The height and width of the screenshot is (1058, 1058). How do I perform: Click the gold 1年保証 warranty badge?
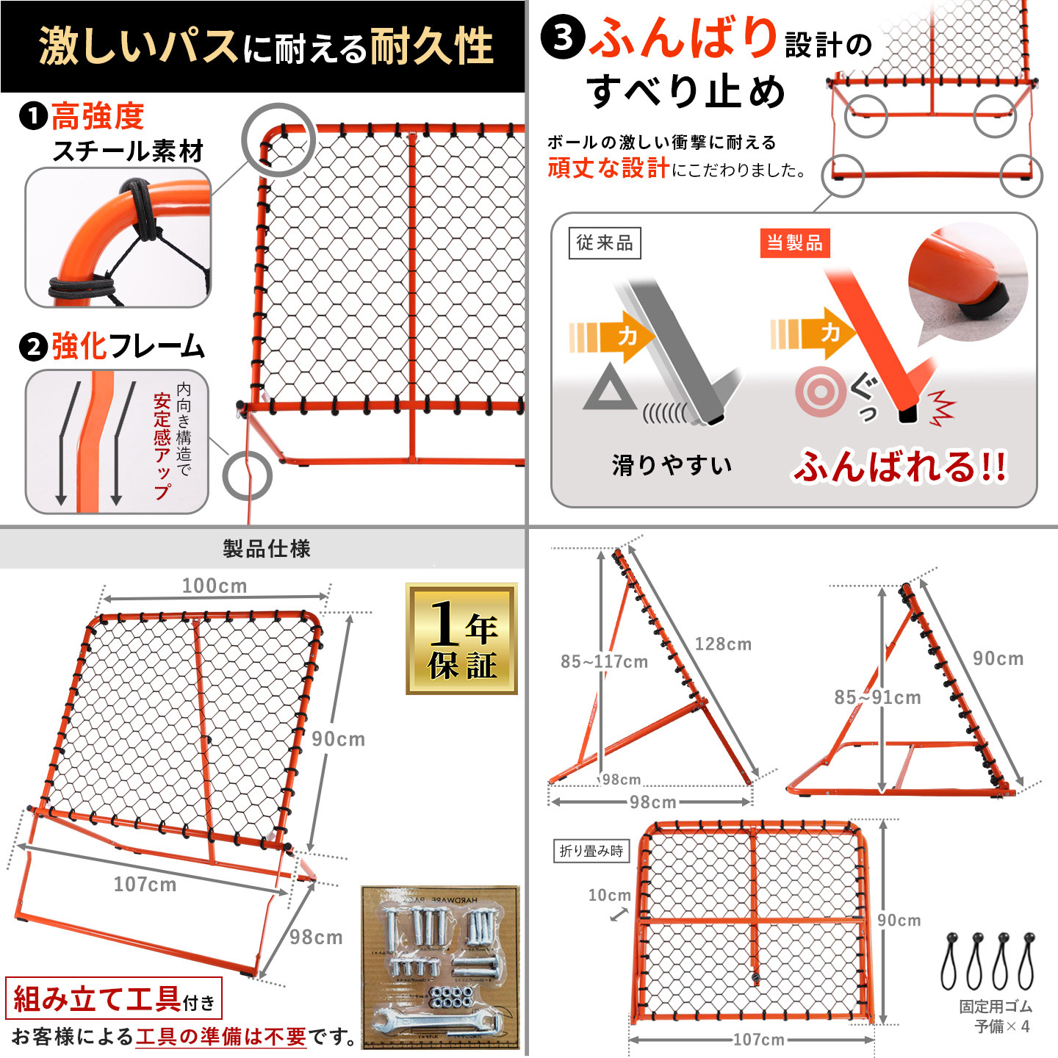[x=461, y=638]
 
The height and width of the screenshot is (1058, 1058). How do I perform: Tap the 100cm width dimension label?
[x=214, y=586]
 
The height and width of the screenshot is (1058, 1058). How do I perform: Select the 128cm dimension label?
[x=723, y=644]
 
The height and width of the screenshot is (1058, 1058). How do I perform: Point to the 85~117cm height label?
[x=604, y=661]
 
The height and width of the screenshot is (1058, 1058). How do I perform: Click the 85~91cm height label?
[x=877, y=697]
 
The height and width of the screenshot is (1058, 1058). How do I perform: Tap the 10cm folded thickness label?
[x=609, y=895]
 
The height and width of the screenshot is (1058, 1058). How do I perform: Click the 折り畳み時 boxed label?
[x=591, y=851]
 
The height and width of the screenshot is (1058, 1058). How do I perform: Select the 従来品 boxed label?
[x=605, y=243]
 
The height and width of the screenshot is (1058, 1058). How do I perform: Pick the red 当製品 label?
[x=794, y=243]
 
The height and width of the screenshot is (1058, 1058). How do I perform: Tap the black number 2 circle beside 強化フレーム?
[x=34, y=347]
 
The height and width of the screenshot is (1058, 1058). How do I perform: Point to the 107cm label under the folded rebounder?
[x=759, y=1040]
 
